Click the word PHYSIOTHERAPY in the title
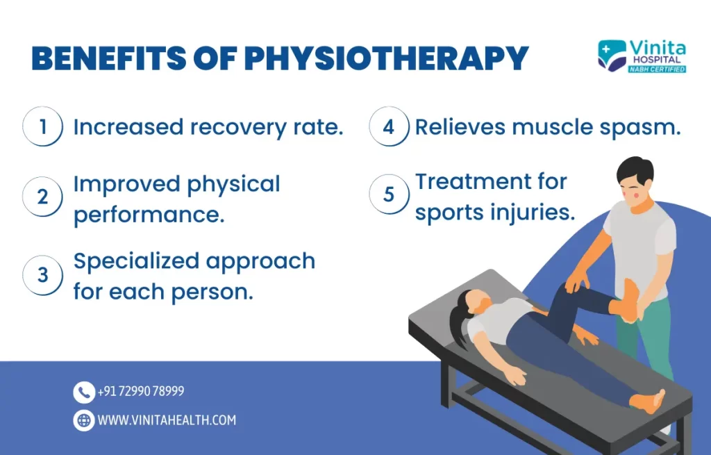(x=387, y=58)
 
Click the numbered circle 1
(x=42, y=126)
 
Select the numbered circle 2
(x=42, y=197)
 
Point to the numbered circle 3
(x=42, y=275)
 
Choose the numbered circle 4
(x=389, y=126)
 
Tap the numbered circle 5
(x=389, y=195)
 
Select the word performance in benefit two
(x=149, y=215)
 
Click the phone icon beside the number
(x=84, y=392)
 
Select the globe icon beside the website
(x=84, y=420)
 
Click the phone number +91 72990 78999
(x=140, y=391)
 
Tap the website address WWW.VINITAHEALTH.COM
(x=167, y=420)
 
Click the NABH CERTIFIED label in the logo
(x=657, y=69)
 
